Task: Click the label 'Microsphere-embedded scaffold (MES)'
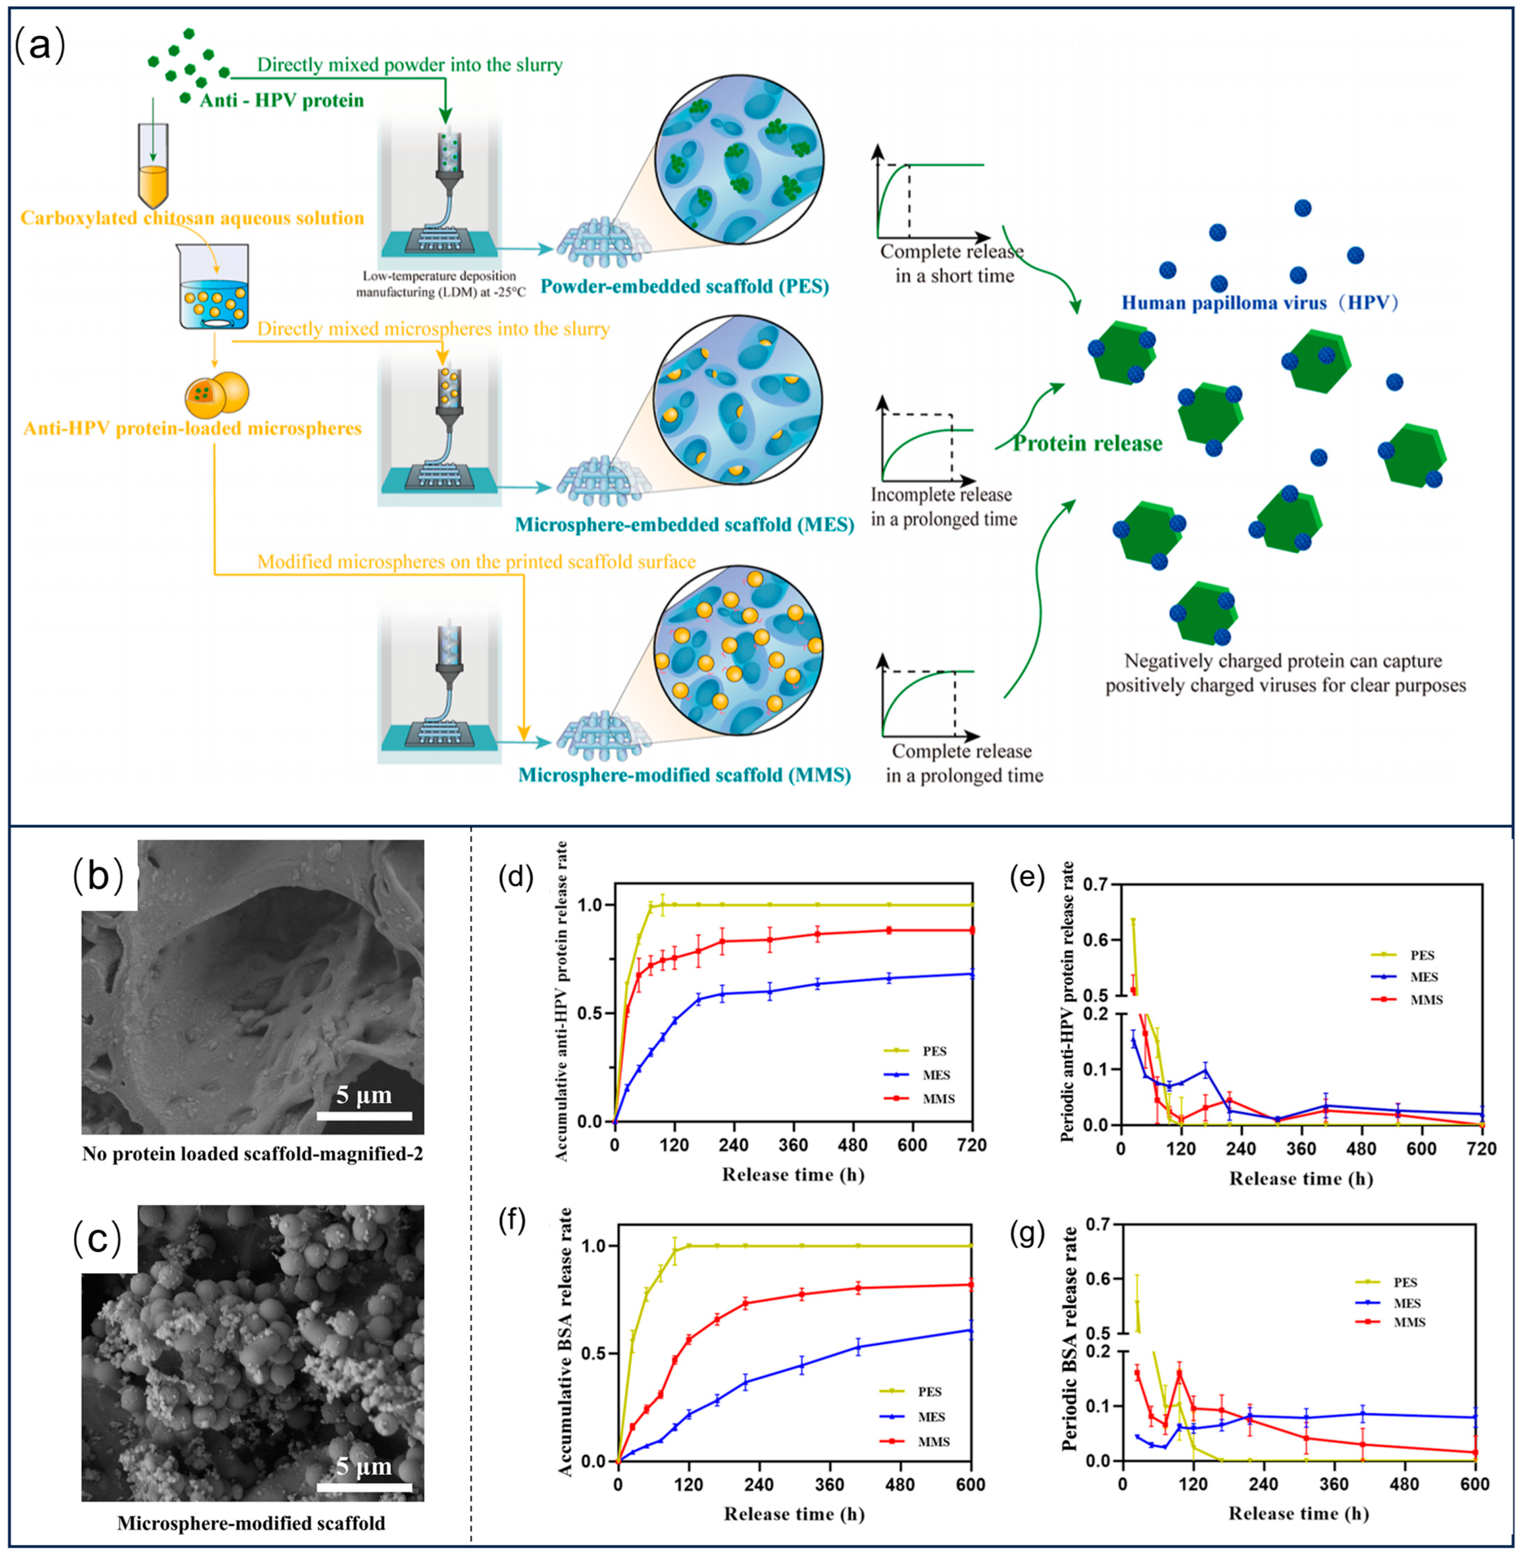click(x=684, y=524)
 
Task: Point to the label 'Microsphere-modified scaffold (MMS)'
click(x=684, y=775)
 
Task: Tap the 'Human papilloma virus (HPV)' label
click(x=1260, y=303)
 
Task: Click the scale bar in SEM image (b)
click(x=364, y=1115)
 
